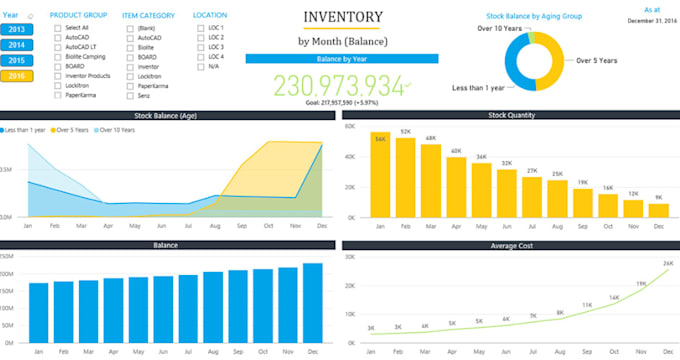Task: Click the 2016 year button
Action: [x=15, y=76]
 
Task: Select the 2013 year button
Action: [x=15, y=30]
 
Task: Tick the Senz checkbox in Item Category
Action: [x=132, y=95]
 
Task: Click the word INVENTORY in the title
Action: [x=342, y=17]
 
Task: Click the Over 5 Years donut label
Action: [x=600, y=59]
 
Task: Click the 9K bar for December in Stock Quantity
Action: [x=658, y=210]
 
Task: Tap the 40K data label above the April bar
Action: [x=456, y=152]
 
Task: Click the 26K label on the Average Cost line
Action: [x=667, y=264]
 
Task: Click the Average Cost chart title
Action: [x=509, y=244]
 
